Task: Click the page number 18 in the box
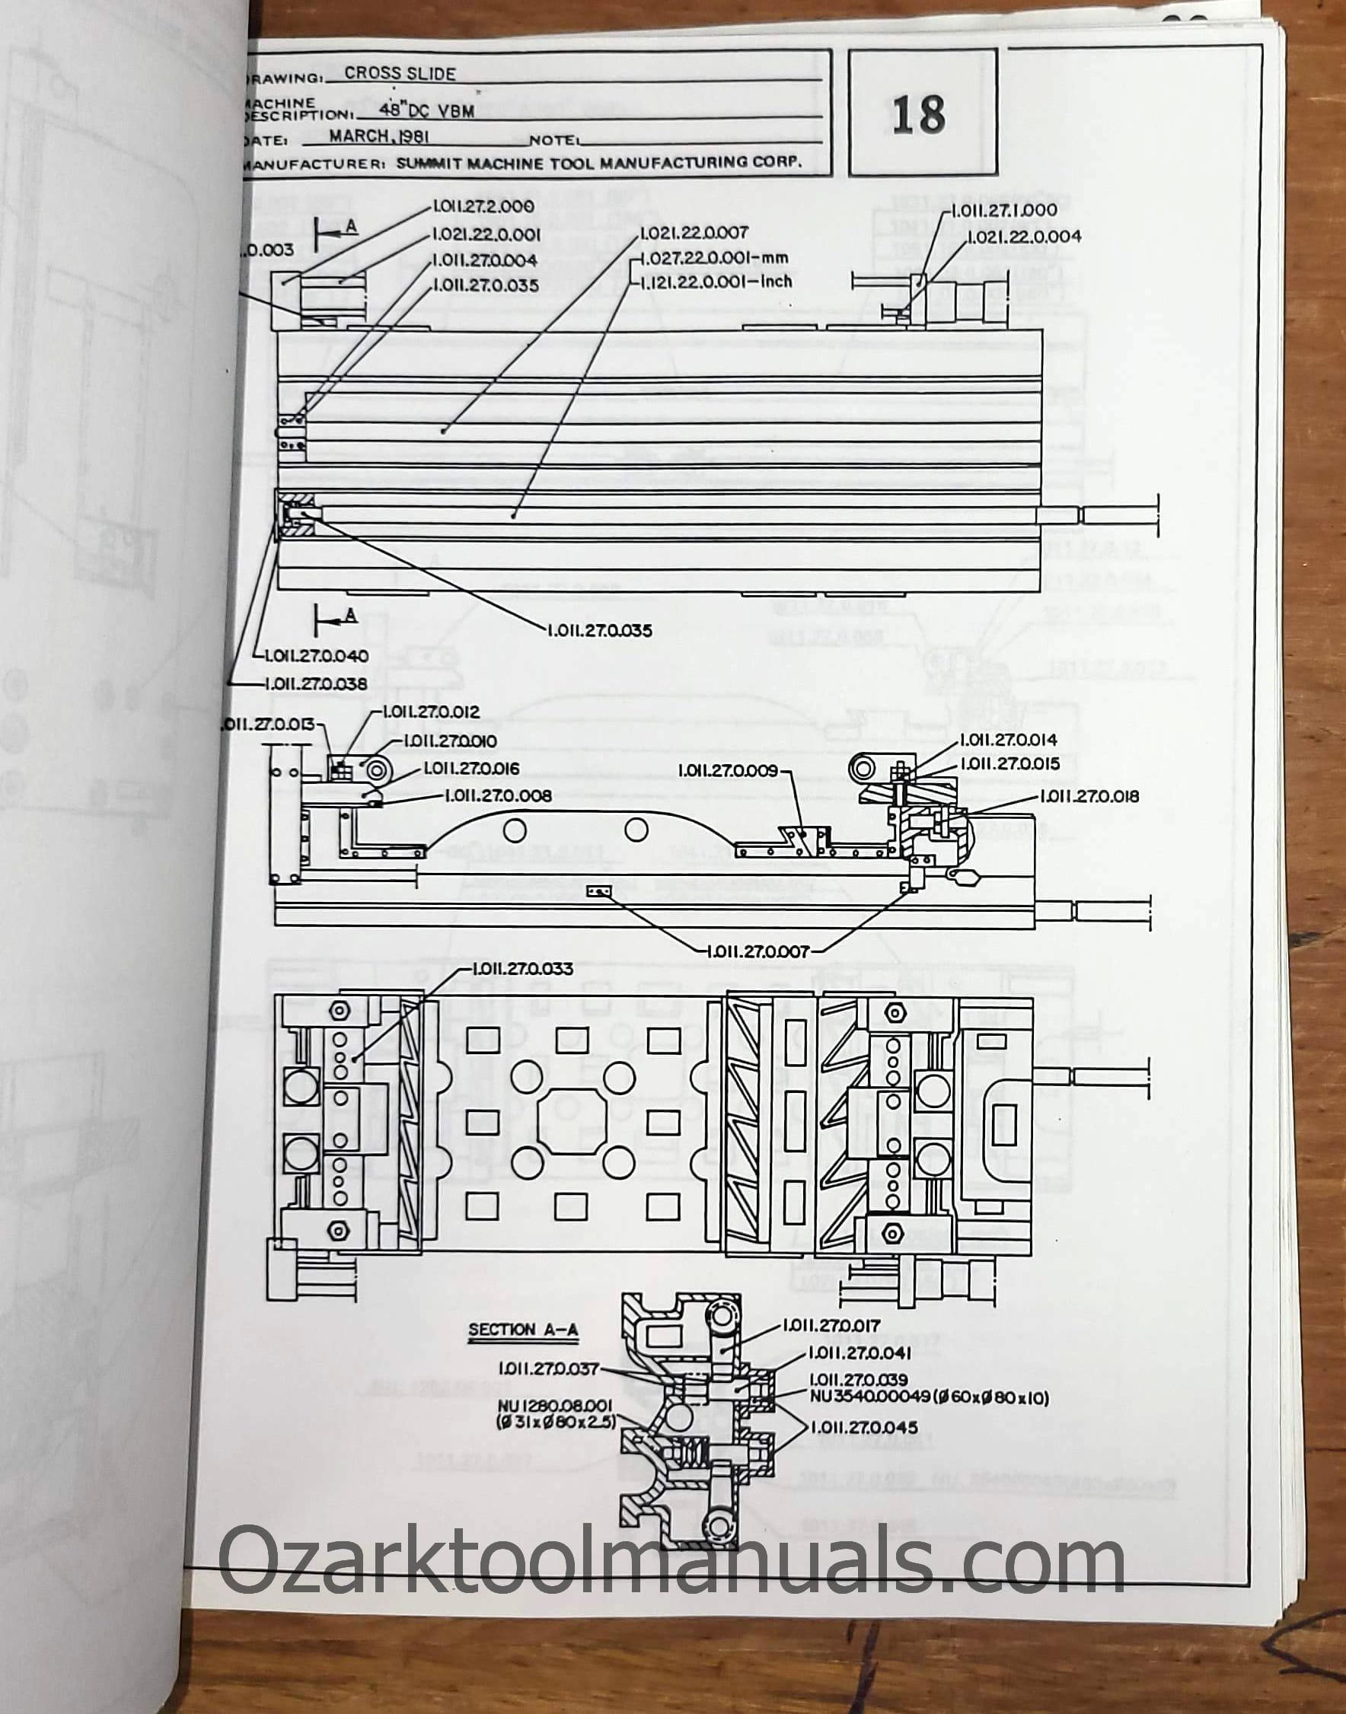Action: (919, 114)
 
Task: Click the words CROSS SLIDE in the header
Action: (400, 73)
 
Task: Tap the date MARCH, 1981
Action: (378, 135)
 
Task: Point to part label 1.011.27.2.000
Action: (483, 206)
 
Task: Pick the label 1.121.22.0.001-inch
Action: (716, 281)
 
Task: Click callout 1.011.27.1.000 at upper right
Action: (1005, 210)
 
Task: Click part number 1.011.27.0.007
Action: (758, 951)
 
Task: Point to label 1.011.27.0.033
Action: (522, 969)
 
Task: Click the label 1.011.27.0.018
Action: (1090, 796)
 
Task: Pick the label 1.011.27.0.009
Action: (728, 769)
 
